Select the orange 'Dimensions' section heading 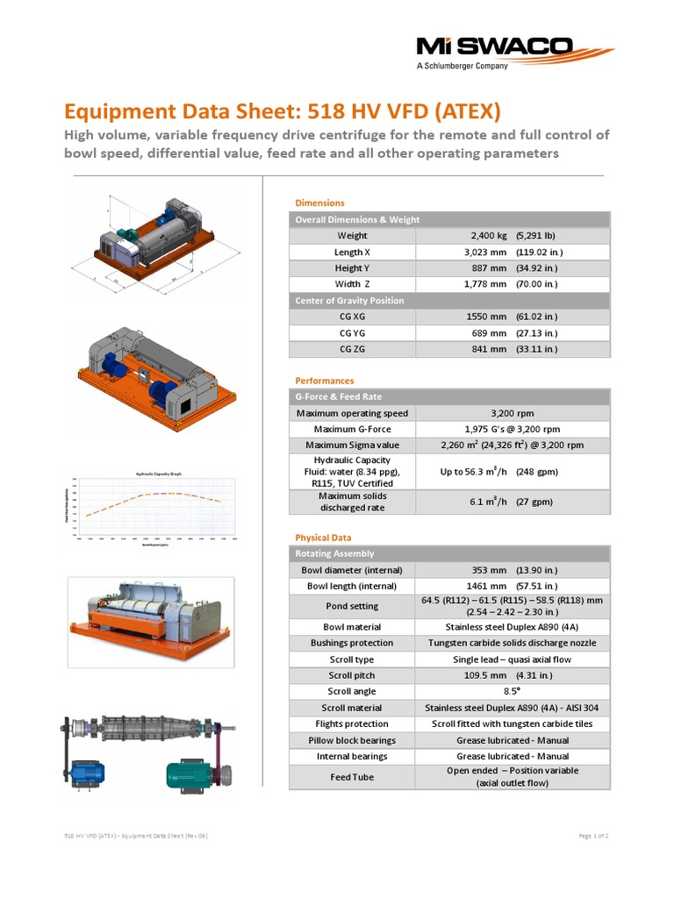pyautogui.click(x=319, y=203)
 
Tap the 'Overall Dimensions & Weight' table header pyautogui.click(x=357, y=219)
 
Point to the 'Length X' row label pyautogui.click(x=352, y=252)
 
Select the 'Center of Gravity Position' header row pyautogui.click(x=349, y=301)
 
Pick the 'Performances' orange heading pyautogui.click(x=325, y=381)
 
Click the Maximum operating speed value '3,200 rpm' pyautogui.click(x=513, y=413)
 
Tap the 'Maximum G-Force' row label pyautogui.click(x=352, y=429)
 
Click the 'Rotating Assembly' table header pyautogui.click(x=334, y=553)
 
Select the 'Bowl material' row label pyautogui.click(x=352, y=627)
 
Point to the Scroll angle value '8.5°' pyautogui.click(x=513, y=692)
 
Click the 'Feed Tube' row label pyautogui.click(x=352, y=777)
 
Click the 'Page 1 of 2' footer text pyautogui.click(x=593, y=836)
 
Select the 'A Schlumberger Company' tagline pyautogui.click(x=462, y=66)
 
